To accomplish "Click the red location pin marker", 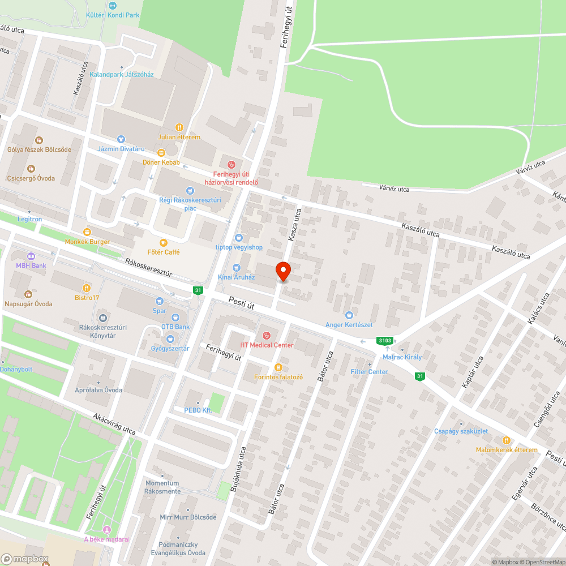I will pos(284,271).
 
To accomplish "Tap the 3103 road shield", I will pos(385,340).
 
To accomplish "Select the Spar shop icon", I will pos(160,301).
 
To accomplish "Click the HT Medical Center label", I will pos(267,345).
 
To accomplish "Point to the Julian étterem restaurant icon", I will pos(179,127).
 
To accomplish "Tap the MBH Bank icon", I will pos(31,256).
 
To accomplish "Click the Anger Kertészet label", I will pos(349,325).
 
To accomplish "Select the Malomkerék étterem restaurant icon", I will pos(507,440).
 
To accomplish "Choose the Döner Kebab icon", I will pos(161,152).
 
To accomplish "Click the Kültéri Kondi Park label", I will pos(113,15).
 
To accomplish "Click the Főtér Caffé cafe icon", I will pos(164,242).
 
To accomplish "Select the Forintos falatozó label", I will pos(278,377).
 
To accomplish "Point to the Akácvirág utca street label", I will pos(114,424).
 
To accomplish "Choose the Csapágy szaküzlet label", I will pos(461,431).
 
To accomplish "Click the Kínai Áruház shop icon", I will pos(237,268).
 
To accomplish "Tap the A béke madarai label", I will pos(106,539).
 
